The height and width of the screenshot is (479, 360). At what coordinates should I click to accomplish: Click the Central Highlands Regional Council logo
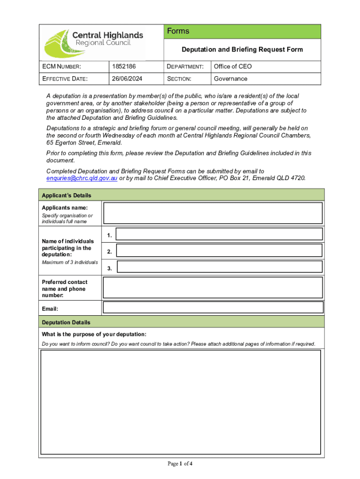click(94, 42)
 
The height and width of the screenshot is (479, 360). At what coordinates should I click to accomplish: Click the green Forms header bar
click(242, 31)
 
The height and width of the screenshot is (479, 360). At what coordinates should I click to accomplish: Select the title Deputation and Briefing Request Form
click(242, 50)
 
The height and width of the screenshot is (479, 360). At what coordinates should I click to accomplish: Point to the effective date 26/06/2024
click(126, 79)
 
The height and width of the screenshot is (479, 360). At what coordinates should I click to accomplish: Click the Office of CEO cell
click(233, 66)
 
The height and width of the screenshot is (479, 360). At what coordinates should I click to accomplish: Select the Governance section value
click(230, 79)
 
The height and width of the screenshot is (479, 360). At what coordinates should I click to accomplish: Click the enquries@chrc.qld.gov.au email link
click(82, 178)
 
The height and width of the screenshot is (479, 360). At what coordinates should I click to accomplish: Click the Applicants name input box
click(213, 213)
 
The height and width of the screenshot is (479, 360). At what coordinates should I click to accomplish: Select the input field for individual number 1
click(219, 234)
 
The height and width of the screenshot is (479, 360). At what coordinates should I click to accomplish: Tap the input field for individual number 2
click(219, 250)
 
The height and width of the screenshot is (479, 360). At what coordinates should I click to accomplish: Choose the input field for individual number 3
click(219, 267)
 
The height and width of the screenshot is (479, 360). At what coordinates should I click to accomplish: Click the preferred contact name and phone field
click(213, 288)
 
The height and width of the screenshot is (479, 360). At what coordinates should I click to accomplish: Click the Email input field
click(213, 307)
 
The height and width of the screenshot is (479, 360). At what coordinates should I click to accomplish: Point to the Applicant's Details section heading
click(66, 196)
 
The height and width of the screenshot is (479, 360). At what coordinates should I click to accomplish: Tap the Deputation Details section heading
click(66, 322)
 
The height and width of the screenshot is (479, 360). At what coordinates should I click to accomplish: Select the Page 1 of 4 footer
click(180, 464)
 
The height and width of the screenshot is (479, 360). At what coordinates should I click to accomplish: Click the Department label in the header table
click(186, 66)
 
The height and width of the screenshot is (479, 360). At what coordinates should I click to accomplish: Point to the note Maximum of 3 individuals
click(70, 262)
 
